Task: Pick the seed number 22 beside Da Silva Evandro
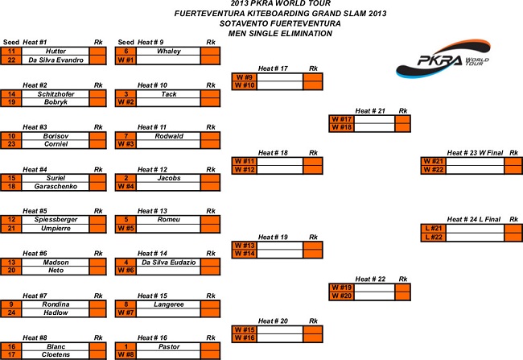(x=11, y=60)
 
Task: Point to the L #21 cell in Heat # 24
(x=432, y=227)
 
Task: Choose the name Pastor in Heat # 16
(x=167, y=346)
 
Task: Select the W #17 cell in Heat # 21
(x=341, y=119)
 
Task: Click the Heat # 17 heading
(x=273, y=68)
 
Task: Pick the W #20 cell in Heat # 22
(x=341, y=296)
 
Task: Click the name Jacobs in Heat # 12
(x=167, y=177)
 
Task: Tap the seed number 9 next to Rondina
(x=11, y=304)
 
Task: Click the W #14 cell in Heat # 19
(x=244, y=254)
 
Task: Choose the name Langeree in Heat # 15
(x=167, y=304)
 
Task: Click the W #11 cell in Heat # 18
(x=244, y=161)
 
